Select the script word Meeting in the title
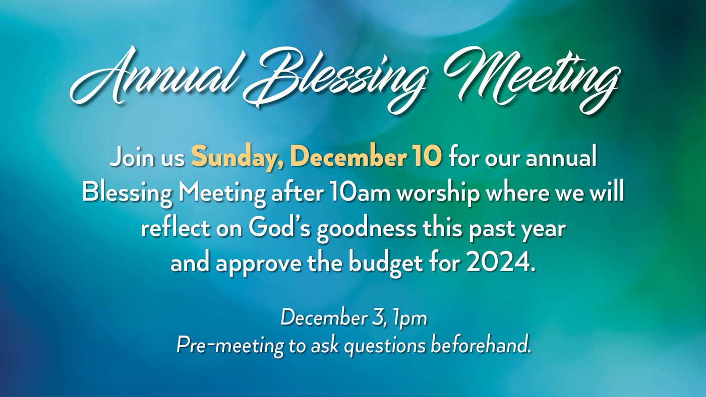pyautogui.click(x=533, y=80)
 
